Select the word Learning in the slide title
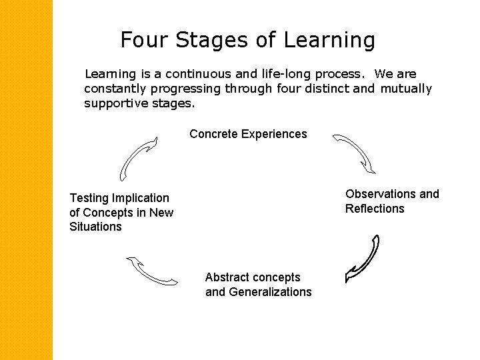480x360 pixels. point(329,41)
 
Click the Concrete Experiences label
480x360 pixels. point(248,134)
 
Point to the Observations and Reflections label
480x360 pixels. point(392,201)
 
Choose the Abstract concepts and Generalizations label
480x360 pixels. point(258,285)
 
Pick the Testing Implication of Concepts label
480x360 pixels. point(121,212)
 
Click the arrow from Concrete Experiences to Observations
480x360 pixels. point(354,153)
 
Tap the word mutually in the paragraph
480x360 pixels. point(406,89)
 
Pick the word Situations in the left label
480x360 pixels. point(95,227)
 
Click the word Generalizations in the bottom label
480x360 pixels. point(270,292)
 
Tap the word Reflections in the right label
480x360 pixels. point(375,209)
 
